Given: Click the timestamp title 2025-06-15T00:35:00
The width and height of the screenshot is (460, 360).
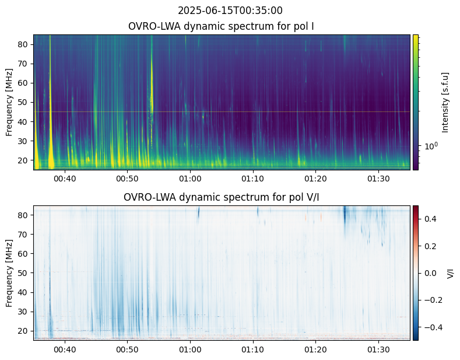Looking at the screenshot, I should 230,11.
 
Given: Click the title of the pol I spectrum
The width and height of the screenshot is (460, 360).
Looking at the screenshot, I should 221,26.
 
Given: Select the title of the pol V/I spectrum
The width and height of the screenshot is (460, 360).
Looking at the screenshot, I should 221,197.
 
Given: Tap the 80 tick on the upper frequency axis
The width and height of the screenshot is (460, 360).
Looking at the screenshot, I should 25,44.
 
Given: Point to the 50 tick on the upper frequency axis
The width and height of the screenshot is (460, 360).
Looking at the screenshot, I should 25,102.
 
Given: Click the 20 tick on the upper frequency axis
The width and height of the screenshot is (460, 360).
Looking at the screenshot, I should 25,160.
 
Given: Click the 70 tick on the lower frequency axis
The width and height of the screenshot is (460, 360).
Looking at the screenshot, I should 25,235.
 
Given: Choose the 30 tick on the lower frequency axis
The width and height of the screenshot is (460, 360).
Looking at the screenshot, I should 25,312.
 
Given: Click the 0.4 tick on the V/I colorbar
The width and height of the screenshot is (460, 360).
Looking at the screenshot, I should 430,219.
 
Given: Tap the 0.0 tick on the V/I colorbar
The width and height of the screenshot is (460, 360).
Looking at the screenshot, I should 430,272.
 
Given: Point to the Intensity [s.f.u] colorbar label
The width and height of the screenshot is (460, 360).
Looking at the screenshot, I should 445,102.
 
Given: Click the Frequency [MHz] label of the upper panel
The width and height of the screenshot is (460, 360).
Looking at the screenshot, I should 9,102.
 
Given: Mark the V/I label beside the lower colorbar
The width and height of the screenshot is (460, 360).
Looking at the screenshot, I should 450,272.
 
